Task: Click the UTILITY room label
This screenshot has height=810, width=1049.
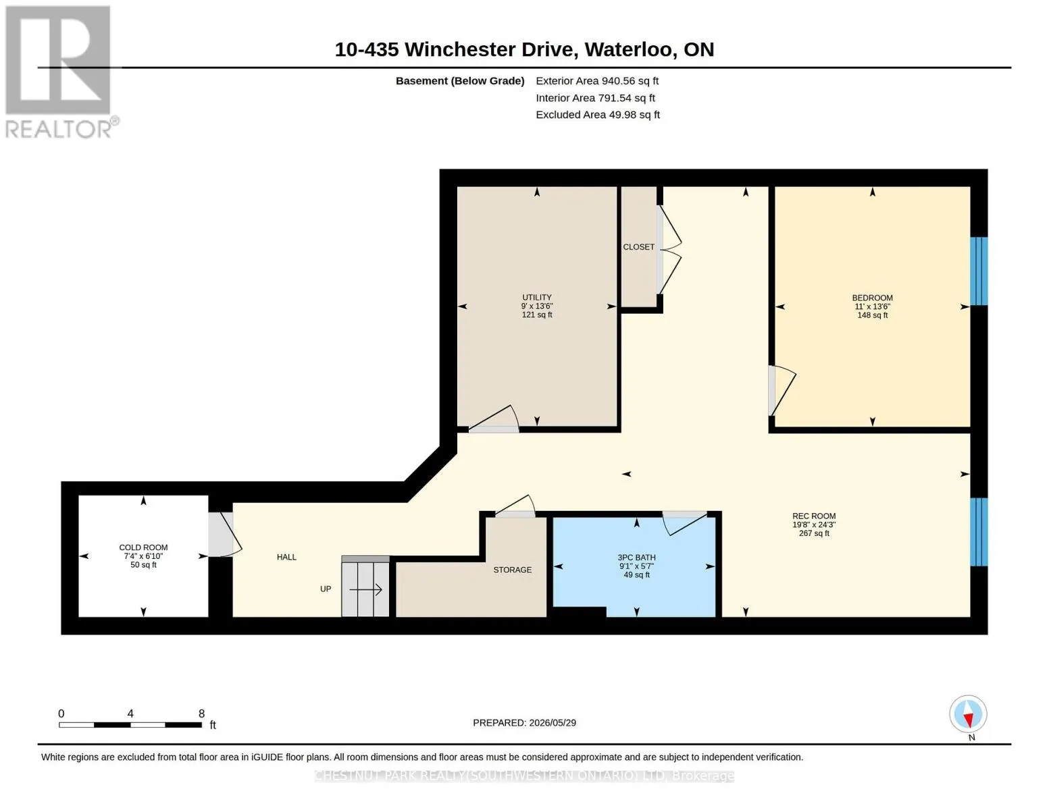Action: (x=537, y=297)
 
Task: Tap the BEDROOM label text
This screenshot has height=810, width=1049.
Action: (x=872, y=298)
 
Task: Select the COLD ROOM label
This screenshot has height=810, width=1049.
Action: (x=143, y=547)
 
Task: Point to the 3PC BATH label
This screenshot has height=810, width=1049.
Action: (x=636, y=557)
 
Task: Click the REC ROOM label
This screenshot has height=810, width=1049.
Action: (x=814, y=516)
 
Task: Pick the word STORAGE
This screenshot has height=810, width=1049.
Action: (x=512, y=570)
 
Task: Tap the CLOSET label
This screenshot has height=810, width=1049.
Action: (x=639, y=247)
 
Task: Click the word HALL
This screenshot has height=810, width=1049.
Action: (x=286, y=557)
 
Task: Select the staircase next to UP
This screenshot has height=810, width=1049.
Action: (x=365, y=586)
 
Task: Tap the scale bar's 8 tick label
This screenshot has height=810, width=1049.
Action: (x=202, y=713)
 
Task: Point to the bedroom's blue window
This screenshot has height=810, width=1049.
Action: (x=979, y=271)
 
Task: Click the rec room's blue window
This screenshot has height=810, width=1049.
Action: (x=979, y=532)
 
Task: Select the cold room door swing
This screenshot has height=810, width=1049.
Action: (x=225, y=534)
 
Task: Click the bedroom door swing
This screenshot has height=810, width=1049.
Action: (x=782, y=390)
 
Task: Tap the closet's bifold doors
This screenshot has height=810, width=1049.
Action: (x=669, y=250)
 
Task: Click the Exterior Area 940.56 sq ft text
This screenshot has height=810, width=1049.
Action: (x=597, y=81)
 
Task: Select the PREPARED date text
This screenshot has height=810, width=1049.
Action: (x=524, y=723)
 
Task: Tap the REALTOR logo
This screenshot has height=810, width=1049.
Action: (x=60, y=72)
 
